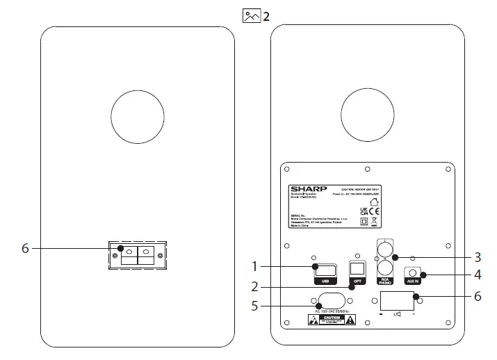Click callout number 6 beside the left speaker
(25, 248)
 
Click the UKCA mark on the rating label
(364, 209)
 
